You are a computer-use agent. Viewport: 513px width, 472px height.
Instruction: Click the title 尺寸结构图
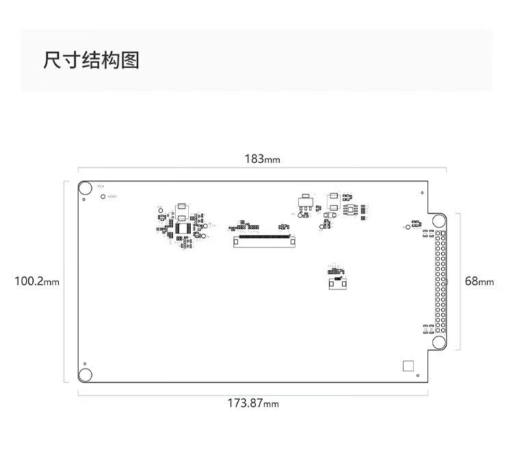click(91, 60)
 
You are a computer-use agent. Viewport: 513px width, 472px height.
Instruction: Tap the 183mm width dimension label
click(263, 159)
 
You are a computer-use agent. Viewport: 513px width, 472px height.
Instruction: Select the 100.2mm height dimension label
click(37, 281)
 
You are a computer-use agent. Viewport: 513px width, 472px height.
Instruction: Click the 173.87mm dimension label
click(253, 403)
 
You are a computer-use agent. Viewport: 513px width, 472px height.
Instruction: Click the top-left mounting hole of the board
click(85, 188)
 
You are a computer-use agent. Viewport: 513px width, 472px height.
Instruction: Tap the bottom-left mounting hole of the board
click(85, 374)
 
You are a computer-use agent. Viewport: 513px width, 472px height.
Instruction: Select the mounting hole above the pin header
click(438, 220)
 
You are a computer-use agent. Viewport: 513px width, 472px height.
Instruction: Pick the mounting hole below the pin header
click(438, 343)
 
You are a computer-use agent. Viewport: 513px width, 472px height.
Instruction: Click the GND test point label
click(113, 197)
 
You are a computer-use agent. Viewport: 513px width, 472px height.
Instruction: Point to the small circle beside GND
click(104, 197)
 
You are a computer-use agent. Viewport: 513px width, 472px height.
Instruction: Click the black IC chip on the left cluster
click(183, 228)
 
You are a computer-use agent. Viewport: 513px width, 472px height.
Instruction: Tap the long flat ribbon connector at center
click(263, 240)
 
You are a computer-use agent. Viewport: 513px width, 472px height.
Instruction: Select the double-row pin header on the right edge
click(438, 282)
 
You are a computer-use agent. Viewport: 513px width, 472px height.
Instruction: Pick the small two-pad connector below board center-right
click(336, 283)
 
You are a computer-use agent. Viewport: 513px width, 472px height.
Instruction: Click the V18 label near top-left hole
click(100, 186)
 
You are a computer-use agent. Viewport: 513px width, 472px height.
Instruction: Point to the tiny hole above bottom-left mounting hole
click(84, 363)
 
